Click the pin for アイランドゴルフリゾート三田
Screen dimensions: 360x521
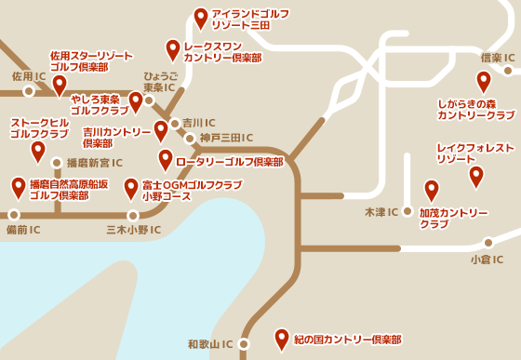point(201,17)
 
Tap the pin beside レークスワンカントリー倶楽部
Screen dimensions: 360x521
point(172,49)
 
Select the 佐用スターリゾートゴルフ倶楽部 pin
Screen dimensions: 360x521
point(60,85)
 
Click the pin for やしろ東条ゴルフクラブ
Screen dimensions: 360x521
point(136,101)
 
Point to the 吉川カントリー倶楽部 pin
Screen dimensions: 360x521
point(160,130)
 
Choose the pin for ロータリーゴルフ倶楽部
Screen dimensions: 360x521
point(166,160)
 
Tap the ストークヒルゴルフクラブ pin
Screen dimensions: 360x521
point(38,151)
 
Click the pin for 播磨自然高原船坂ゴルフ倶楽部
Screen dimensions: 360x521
point(19,187)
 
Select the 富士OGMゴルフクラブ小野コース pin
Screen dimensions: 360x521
point(131,189)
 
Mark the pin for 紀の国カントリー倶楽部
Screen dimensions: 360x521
point(282,339)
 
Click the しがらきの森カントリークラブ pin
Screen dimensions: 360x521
point(481,81)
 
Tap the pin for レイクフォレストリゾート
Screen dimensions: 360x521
point(475,175)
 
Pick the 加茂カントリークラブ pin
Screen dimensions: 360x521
point(431,190)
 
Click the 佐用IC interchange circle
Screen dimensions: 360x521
point(29,91)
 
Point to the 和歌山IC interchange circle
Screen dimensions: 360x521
point(244,343)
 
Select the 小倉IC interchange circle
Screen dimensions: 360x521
point(488,244)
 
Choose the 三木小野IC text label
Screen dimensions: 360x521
point(133,230)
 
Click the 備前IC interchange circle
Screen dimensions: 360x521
point(13,215)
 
